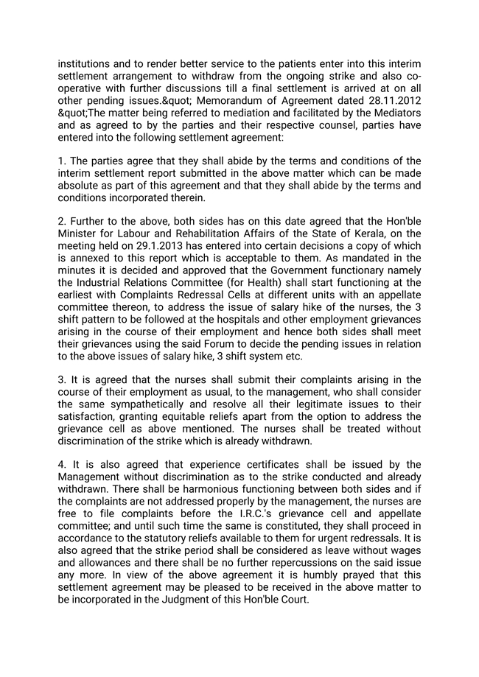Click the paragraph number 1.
61,161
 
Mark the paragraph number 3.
61,380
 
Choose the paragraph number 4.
61,465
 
